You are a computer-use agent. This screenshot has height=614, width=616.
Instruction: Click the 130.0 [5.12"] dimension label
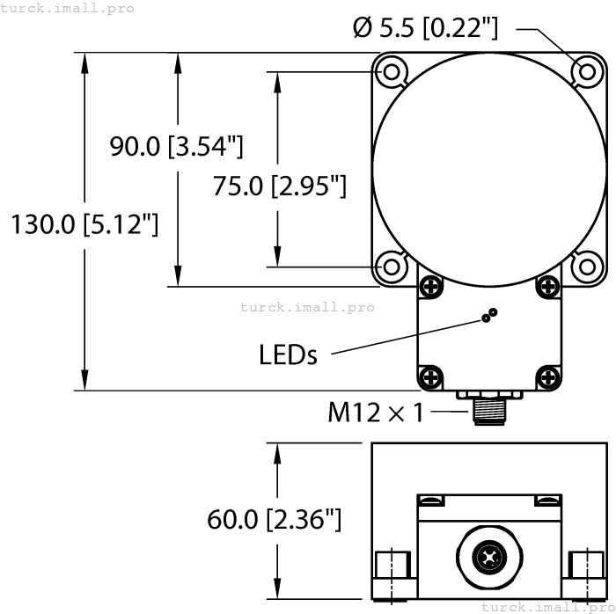coord(84,225)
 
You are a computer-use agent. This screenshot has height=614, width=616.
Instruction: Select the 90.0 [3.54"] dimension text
coord(176,147)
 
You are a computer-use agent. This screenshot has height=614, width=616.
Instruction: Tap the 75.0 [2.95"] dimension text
coord(280,186)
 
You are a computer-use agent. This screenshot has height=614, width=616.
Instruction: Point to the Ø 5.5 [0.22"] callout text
coord(425,28)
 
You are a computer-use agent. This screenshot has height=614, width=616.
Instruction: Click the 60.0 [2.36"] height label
coord(274,519)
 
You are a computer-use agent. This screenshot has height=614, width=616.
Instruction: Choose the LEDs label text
coord(288,355)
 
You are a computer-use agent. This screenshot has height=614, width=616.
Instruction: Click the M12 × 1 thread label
coord(375,412)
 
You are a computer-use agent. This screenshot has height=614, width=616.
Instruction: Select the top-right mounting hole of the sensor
coord(584,70)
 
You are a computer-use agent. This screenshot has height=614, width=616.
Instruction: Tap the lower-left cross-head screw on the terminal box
coord(430,377)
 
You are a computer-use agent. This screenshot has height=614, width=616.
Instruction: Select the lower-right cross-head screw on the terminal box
coord(546,377)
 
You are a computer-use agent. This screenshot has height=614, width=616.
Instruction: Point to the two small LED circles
coord(488,316)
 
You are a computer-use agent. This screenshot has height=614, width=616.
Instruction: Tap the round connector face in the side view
coord(488,557)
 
